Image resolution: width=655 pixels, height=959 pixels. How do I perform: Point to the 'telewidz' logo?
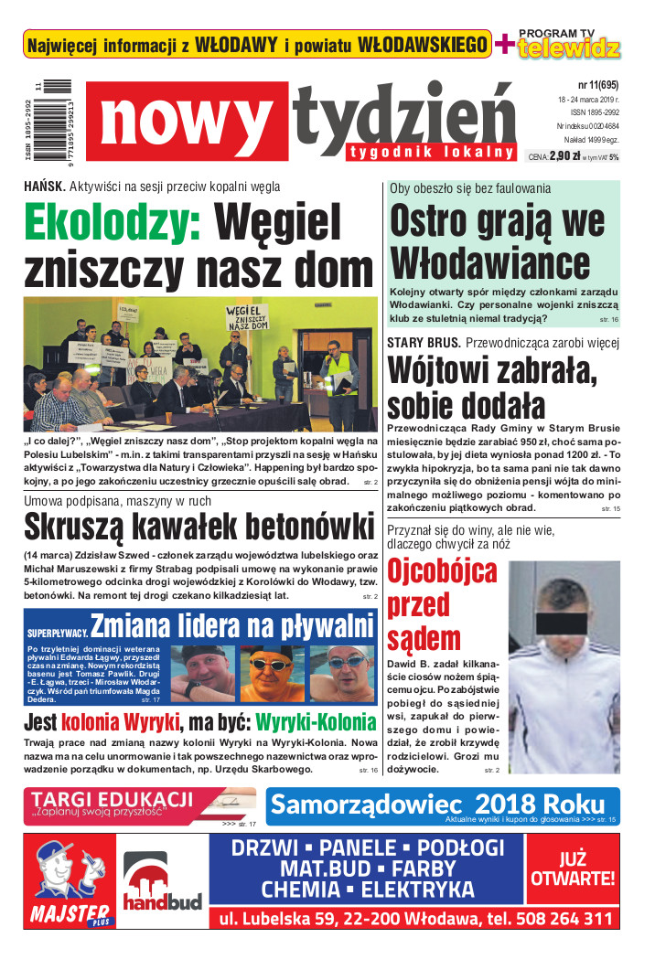click(568, 49)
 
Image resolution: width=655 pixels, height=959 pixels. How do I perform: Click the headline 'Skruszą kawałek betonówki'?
click(199, 528)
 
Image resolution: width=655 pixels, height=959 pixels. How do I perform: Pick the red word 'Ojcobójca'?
click(442, 571)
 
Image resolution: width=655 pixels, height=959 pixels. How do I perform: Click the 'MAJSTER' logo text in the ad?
click(70, 913)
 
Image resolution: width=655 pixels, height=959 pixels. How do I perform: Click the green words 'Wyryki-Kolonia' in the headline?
click(316, 722)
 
